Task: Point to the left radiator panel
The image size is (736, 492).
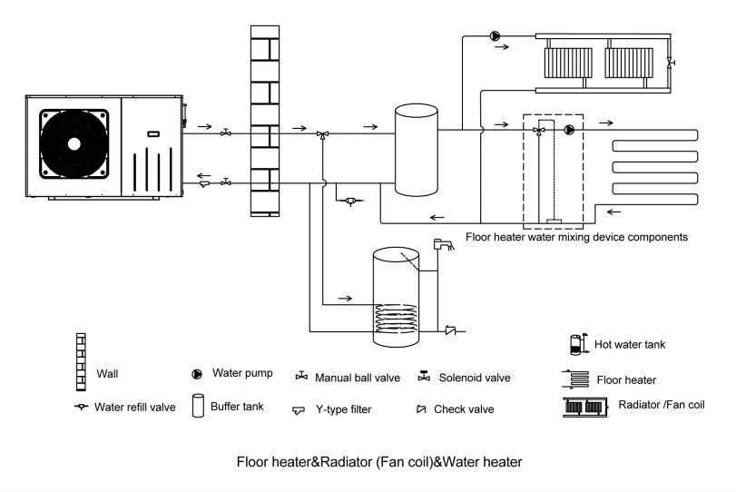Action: point(568,64)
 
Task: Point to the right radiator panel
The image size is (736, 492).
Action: point(627,64)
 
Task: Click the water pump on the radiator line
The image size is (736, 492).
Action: point(496,36)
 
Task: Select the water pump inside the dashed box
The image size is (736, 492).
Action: point(569,130)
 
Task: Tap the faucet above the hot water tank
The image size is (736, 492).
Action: point(442,243)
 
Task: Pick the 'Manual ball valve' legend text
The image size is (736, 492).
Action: point(358,378)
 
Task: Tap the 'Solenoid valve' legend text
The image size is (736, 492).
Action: point(475,378)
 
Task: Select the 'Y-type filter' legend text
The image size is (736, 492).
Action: point(344,409)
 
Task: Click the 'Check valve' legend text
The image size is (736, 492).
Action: point(464,409)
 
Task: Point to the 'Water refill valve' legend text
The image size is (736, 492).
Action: point(135,407)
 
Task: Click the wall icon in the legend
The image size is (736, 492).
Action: point(82,355)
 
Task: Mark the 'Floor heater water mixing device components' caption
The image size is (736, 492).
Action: point(576,237)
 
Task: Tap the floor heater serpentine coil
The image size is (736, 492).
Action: point(653,169)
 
